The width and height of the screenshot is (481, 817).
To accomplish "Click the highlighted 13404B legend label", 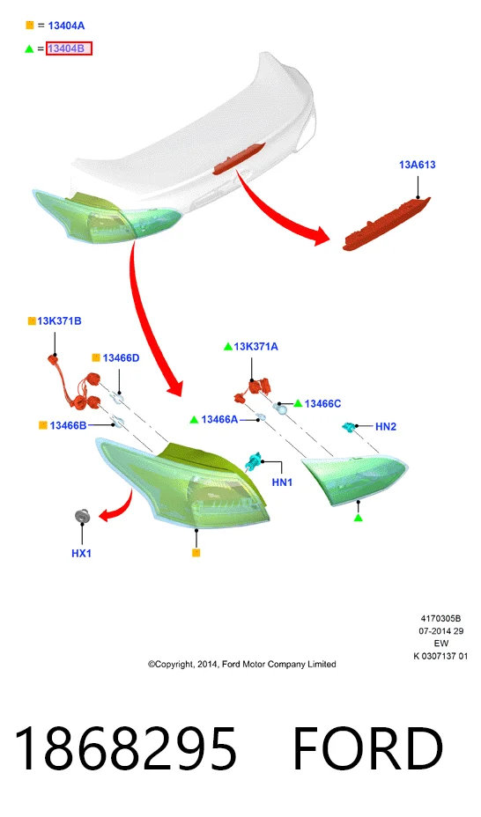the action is point(69,48).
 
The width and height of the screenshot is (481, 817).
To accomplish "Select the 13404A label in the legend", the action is point(66,26).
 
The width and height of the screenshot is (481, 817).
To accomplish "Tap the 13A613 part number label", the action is point(418,165).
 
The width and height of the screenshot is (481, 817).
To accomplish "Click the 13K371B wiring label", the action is point(59,321).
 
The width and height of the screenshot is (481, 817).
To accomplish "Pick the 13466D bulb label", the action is point(121,358).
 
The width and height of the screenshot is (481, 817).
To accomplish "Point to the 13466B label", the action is point(68,426).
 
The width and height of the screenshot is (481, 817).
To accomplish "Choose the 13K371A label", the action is point(255,347).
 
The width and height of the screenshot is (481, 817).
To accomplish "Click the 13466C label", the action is point(322,404).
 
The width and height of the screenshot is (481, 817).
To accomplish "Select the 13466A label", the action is point(219,419).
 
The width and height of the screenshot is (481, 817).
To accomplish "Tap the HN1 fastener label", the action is point(282,482).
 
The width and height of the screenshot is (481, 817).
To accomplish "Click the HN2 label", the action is point(386,427).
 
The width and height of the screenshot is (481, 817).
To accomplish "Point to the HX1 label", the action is point(81,554).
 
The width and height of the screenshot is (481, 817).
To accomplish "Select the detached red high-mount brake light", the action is point(386,223).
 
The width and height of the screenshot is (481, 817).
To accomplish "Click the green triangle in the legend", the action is point(29,48).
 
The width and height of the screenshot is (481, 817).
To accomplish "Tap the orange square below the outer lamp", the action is point(196,553).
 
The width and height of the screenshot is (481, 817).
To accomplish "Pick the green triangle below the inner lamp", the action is point(358,518).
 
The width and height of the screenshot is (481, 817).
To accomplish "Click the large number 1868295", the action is point(125,748).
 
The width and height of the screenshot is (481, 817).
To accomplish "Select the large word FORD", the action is point(368,748).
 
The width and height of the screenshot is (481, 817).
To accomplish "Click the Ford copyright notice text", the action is point(241,665).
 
